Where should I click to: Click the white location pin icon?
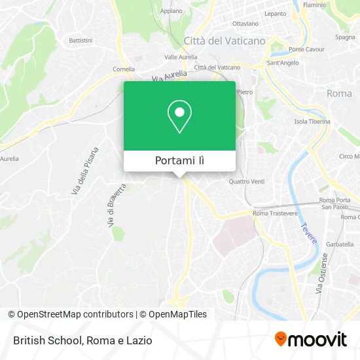(x=179, y=117)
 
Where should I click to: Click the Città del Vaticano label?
(x=225, y=41)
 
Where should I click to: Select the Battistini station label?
(x=81, y=40)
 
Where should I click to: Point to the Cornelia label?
(x=124, y=69)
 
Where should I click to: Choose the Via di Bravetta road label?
(x=115, y=205)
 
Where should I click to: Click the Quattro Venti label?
(x=247, y=181)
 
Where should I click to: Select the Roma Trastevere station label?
(x=275, y=213)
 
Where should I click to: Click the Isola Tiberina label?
(x=310, y=122)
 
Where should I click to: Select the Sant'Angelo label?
(x=283, y=63)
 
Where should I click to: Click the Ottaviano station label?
(x=241, y=24)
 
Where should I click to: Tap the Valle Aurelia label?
(x=181, y=57)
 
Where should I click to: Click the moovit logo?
(x=310, y=339)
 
